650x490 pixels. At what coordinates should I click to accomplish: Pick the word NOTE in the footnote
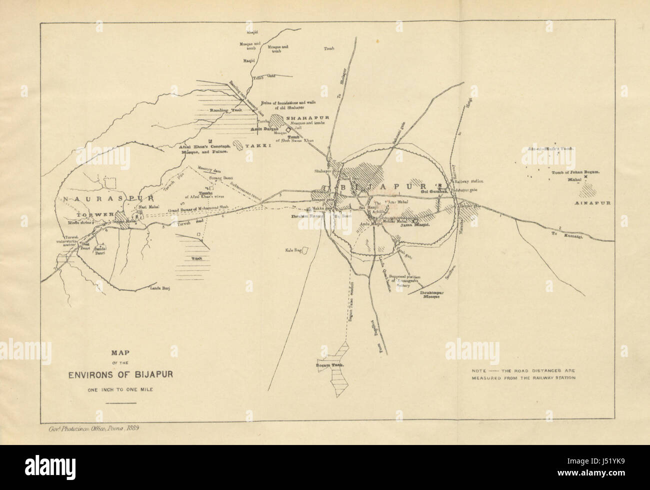pos(480,371)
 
